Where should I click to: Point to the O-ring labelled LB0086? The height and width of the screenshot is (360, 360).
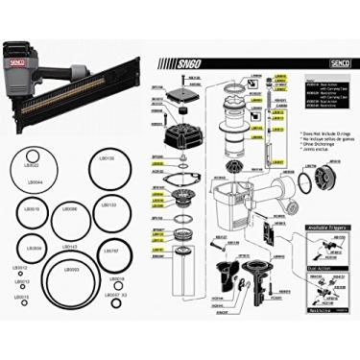point(70,224)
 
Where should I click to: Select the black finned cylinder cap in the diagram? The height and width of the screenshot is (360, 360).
point(179,133)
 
